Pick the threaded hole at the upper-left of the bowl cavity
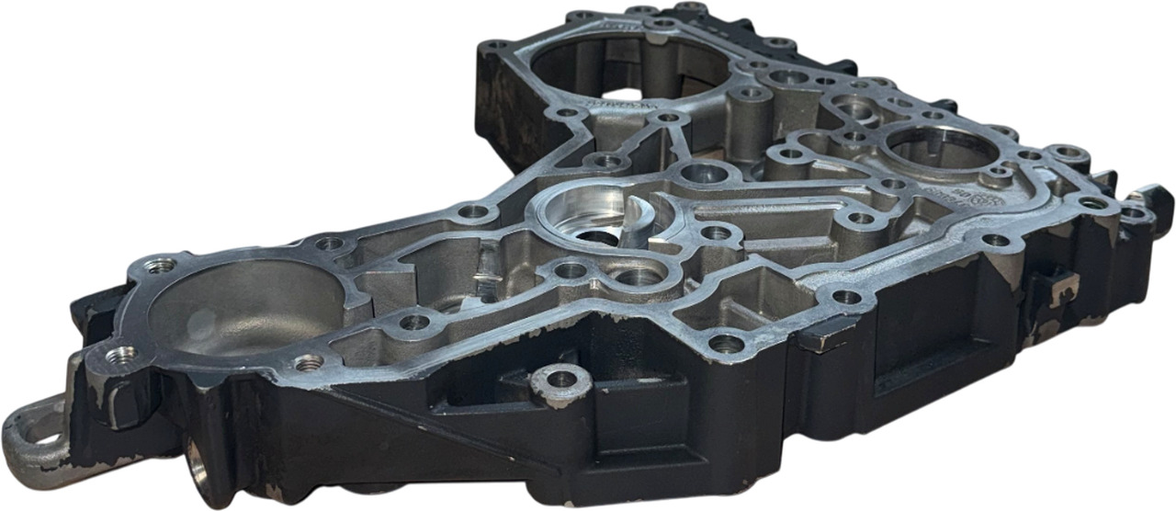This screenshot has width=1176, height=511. (161, 266)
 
